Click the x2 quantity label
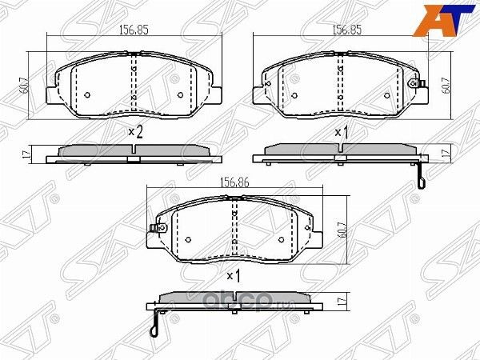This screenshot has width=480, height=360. pos(135,132)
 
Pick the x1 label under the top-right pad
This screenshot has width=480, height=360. pos(342,132)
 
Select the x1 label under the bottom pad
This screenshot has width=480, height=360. pos(233,277)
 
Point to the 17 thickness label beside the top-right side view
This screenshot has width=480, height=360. pos(445,152)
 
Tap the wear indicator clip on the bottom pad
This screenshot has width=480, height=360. pos(153,232)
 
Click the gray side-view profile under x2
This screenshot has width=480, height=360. pos(132,151)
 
